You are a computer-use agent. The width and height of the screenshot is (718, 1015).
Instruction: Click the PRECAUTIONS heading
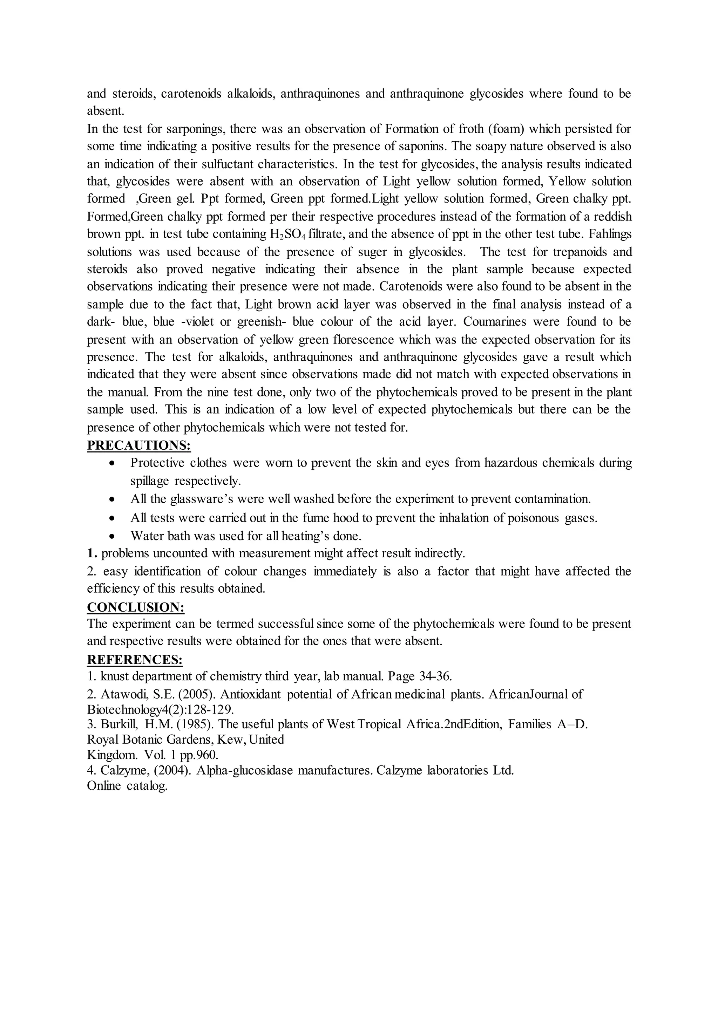tap(139, 445)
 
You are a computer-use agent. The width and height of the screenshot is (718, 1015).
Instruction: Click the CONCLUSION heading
tap(135, 607)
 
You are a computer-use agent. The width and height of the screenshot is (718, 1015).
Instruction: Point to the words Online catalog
tap(127, 786)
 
